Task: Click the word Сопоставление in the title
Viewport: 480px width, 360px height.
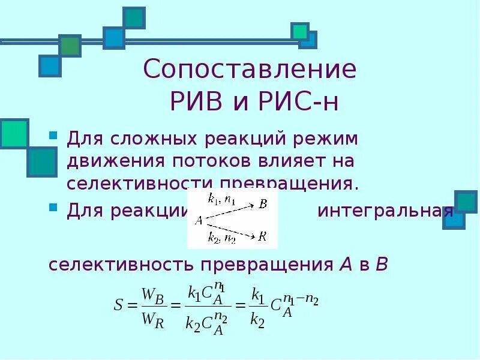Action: point(250,71)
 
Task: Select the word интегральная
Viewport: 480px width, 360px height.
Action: point(385,211)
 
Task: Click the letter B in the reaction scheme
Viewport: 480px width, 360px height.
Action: point(263,205)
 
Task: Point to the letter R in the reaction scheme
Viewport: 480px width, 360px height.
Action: point(262,236)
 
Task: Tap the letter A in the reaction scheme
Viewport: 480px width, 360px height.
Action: point(197,220)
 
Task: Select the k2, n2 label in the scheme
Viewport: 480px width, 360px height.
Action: point(219,238)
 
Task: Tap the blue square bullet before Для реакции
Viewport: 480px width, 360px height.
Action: point(53,207)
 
